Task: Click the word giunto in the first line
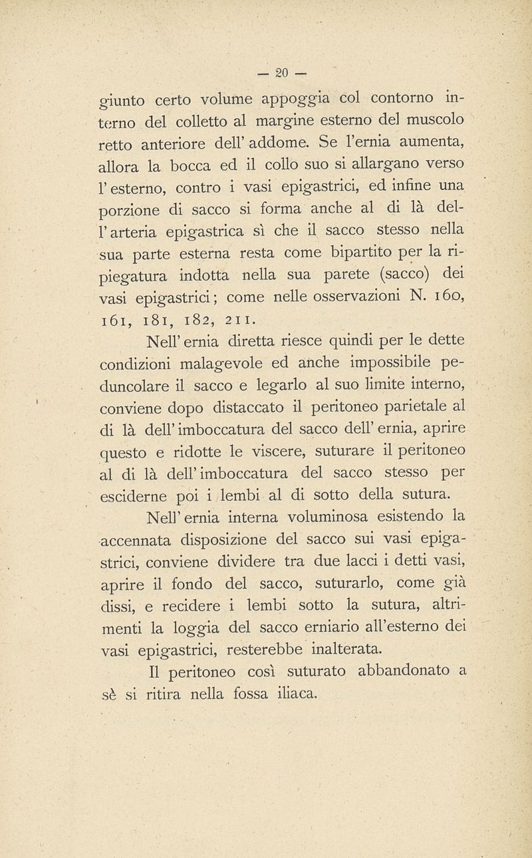pyautogui.click(x=122, y=102)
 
